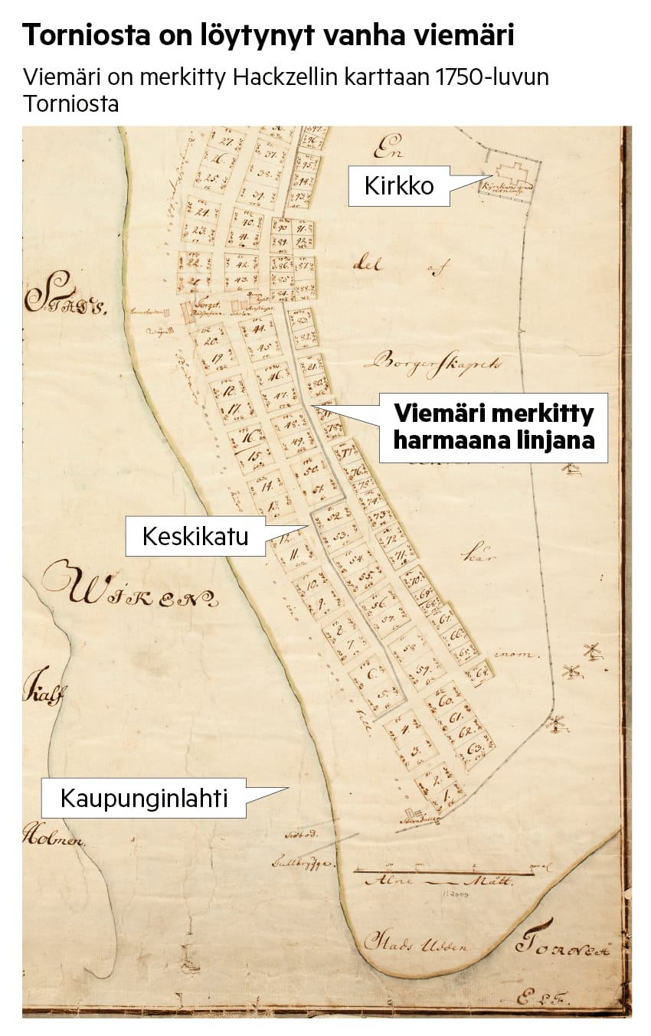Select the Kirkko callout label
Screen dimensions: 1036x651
[x=399, y=186]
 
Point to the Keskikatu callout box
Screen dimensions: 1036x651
[x=195, y=536]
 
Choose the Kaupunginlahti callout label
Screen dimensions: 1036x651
[x=144, y=799]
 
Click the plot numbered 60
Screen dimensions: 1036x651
[x=447, y=701]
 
